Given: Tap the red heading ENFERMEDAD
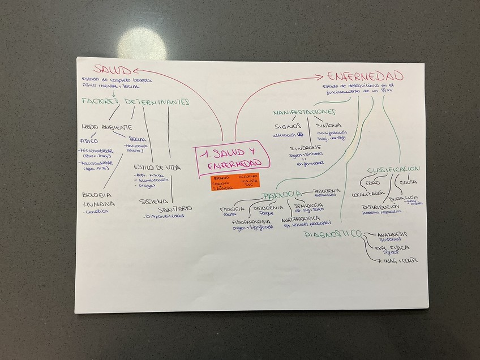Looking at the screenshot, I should click(365, 76).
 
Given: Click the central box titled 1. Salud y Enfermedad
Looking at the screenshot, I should click(232, 158).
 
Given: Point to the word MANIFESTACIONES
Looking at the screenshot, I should click(305, 112).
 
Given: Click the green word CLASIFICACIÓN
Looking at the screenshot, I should click(393, 169).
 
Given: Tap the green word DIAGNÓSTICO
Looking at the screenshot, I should click(332, 234).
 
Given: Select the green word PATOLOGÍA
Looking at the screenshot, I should click(281, 195).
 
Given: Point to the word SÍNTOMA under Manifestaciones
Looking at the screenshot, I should click(329, 124).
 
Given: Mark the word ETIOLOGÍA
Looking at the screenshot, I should click(232, 209).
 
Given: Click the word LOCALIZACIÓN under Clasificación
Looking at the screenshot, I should click(368, 194).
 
